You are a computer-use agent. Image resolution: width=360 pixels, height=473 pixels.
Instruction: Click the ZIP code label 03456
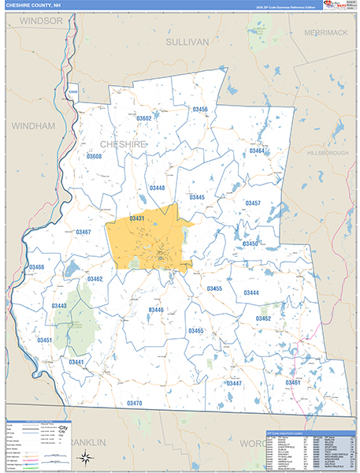tap(200, 110)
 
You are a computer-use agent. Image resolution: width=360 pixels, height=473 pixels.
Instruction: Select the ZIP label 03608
tap(94, 157)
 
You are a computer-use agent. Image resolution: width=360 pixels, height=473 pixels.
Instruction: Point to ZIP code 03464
tap(258, 151)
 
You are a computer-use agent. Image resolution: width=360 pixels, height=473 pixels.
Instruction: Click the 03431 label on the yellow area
tap(137, 218)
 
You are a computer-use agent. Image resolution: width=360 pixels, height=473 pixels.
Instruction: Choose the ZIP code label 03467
tap(84, 232)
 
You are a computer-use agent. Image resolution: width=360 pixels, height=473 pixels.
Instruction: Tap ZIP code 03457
tap(253, 203)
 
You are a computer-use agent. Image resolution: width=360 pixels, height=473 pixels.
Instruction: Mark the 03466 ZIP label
tap(37, 267)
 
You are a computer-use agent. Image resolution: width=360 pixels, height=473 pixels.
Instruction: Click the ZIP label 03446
tap(156, 310)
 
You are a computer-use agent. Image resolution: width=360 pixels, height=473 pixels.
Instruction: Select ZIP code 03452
tap(263, 318)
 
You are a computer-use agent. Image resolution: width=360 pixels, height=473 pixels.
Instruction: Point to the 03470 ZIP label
tap(134, 404)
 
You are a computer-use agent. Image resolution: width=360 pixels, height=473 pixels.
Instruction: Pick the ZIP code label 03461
tap(293, 382)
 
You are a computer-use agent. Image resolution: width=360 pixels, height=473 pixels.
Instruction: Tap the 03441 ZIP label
tap(76, 362)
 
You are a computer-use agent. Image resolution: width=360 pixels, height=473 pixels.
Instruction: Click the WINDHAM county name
tap(33, 125)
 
